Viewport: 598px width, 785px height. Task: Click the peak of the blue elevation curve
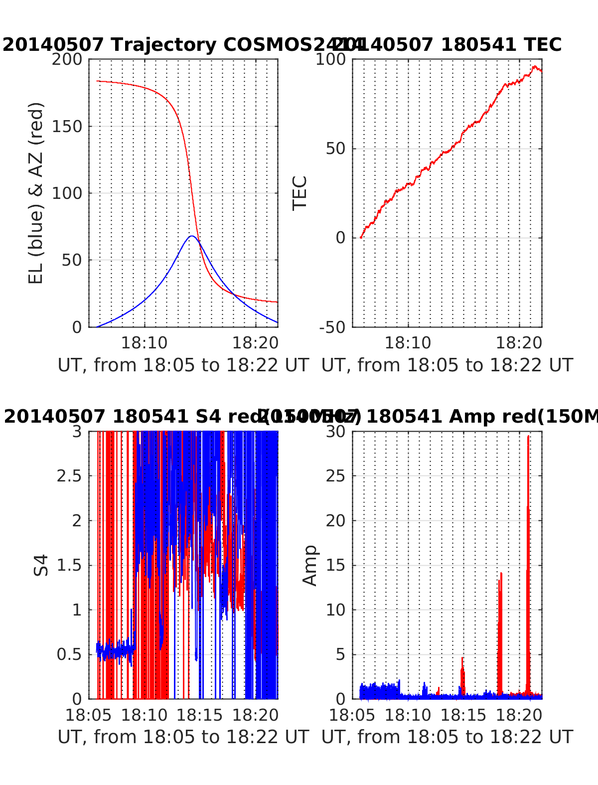191,236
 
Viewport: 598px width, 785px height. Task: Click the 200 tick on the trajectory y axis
70,59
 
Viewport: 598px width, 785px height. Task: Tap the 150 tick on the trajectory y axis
70,126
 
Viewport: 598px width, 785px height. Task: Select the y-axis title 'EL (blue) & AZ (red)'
36,193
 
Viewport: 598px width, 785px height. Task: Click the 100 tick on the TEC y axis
334,59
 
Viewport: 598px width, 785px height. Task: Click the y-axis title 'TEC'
299,193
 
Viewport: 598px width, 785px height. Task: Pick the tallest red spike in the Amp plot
528,437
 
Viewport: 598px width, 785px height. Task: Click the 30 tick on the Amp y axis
336,431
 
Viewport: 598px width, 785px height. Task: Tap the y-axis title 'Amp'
310,565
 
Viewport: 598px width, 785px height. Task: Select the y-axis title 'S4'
41,565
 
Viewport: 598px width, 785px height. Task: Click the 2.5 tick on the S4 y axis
69,476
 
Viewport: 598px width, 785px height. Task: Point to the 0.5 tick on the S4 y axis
69,654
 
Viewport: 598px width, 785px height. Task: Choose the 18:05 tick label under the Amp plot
352,715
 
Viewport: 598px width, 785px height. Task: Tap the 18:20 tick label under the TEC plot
519,343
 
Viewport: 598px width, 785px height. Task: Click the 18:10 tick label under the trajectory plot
145,343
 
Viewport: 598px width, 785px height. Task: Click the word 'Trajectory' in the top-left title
163,45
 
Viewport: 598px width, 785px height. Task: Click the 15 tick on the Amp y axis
336,565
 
